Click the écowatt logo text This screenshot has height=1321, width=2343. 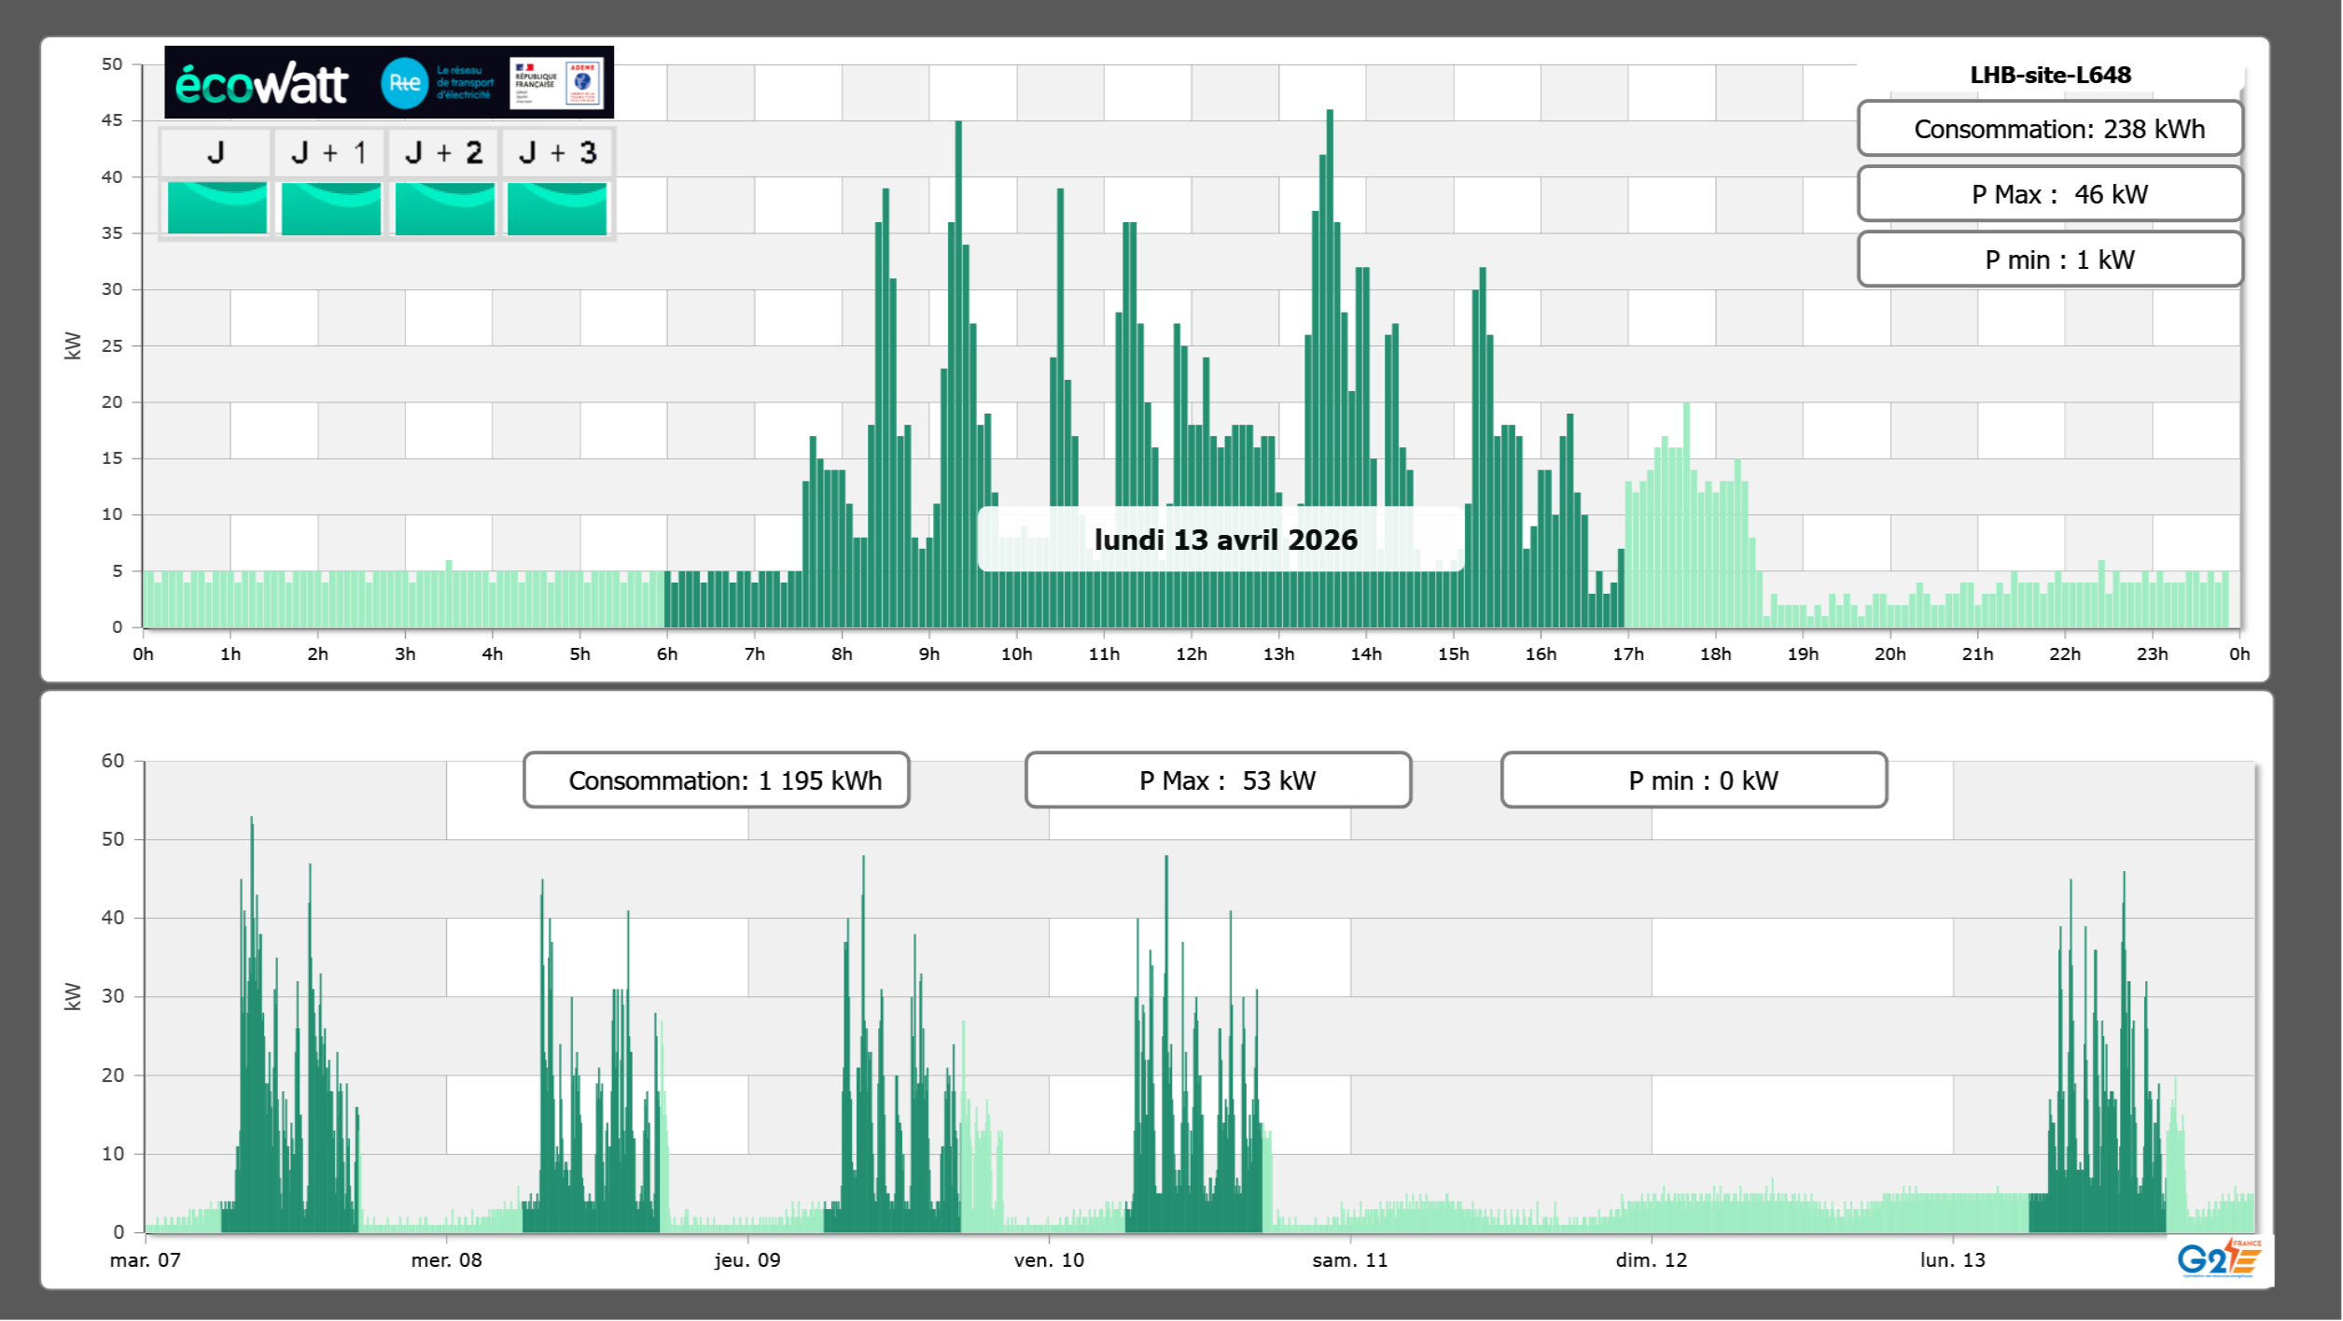click(x=261, y=84)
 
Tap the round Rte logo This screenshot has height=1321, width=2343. click(x=404, y=83)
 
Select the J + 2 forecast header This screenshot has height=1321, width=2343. click(x=444, y=152)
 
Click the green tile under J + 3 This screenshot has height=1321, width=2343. click(x=557, y=208)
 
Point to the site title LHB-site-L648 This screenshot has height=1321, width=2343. click(x=2050, y=75)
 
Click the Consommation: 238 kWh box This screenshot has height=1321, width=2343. click(x=2050, y=129)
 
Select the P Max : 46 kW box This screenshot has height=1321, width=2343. click(x=2050, y=194)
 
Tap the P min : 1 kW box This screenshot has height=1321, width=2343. click(x=2050, y=260)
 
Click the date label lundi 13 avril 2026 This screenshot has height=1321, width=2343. click(x=1225, y=540)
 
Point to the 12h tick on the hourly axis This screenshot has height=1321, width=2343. click(x=1191, y=654)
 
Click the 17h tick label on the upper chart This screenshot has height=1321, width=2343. click(x=1628, y=654)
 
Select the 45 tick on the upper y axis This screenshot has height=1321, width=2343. click(x=112, y=120)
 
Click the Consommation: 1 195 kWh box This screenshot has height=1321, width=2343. click(x=717, y=780)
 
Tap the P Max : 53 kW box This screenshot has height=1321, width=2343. click(x=1218, y=780)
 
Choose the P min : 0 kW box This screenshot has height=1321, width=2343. click(x=1694, y=780)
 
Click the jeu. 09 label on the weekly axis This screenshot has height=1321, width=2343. click(x=747, y=1260)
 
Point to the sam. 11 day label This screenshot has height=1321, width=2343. click(x=1350, y=1260)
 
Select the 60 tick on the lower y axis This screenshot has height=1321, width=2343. click(x=113, y=761)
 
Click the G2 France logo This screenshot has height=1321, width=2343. click(x=2218, y=1258)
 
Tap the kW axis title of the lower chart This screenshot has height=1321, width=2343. click(x=73, y=996)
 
